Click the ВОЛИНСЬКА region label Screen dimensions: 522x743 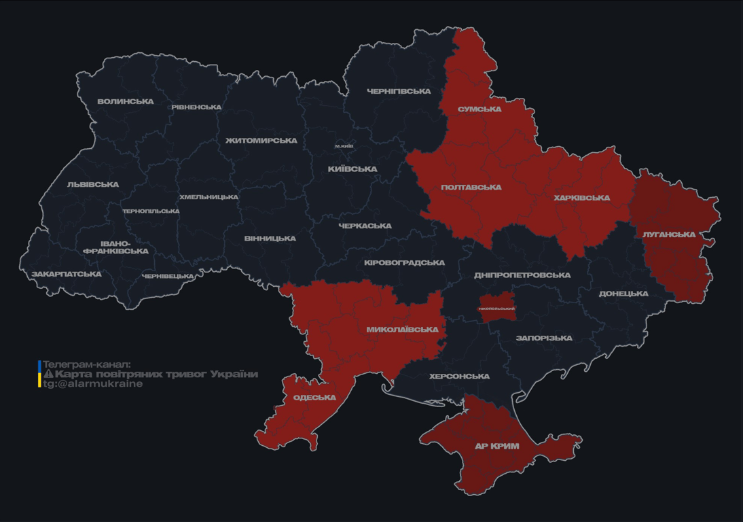coord(126,102)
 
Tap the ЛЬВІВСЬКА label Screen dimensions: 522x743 coord(92,185)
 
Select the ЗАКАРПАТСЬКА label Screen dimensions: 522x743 coord(66,275)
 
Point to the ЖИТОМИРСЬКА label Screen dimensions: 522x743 coord(261,141)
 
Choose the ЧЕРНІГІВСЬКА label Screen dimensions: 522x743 coord(399,91)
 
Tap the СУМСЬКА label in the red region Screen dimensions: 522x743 coord(479,109)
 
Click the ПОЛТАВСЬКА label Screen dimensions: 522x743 coord(471,188)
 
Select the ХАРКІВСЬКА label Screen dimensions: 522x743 coord(581,198)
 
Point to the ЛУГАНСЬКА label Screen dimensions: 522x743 coord(669,234)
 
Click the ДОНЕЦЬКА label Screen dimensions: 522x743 coord(623,294)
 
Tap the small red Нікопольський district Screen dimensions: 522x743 coord(496,307)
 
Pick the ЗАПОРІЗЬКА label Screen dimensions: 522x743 coord(544,338)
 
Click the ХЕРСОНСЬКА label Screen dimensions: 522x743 coord(460,377)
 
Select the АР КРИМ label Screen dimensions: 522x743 coord(496,447)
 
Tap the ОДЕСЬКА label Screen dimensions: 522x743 coord(314,398)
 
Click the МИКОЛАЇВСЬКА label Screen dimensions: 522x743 coord(402,330)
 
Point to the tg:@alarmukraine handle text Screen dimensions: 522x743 coord(93,384)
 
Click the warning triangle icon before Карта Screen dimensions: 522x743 coord(48,375)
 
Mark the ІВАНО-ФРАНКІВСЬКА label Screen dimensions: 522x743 coord(115,247)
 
